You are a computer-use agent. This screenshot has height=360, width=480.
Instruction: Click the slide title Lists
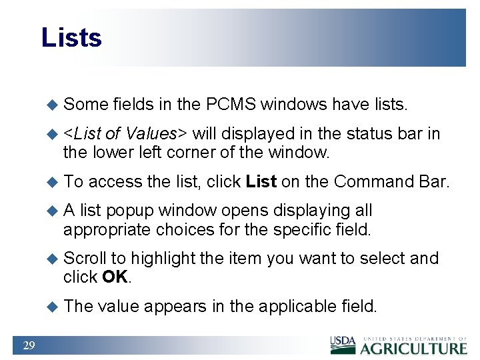point(71,37)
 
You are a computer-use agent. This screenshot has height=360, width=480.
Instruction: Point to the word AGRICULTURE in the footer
point(414,347)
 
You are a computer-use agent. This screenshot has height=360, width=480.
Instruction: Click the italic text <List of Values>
point(126,134)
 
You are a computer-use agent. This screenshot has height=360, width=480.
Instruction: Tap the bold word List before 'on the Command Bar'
point(261,181)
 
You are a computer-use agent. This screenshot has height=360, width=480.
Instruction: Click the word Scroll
point(85,258)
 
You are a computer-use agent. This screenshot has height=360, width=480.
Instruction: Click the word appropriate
point(107,230)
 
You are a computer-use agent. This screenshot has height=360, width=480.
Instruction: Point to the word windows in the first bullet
point(293,105)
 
